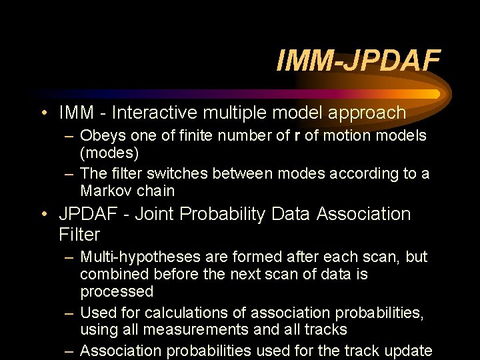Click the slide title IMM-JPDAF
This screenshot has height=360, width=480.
point(358,61)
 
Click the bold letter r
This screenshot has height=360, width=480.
point(296,136)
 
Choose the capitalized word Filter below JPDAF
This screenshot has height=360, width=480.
point(79,235)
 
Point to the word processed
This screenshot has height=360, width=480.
point(117,292)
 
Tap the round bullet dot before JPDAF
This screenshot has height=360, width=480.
point(43,214)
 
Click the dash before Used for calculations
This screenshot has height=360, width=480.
point(69,312)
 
